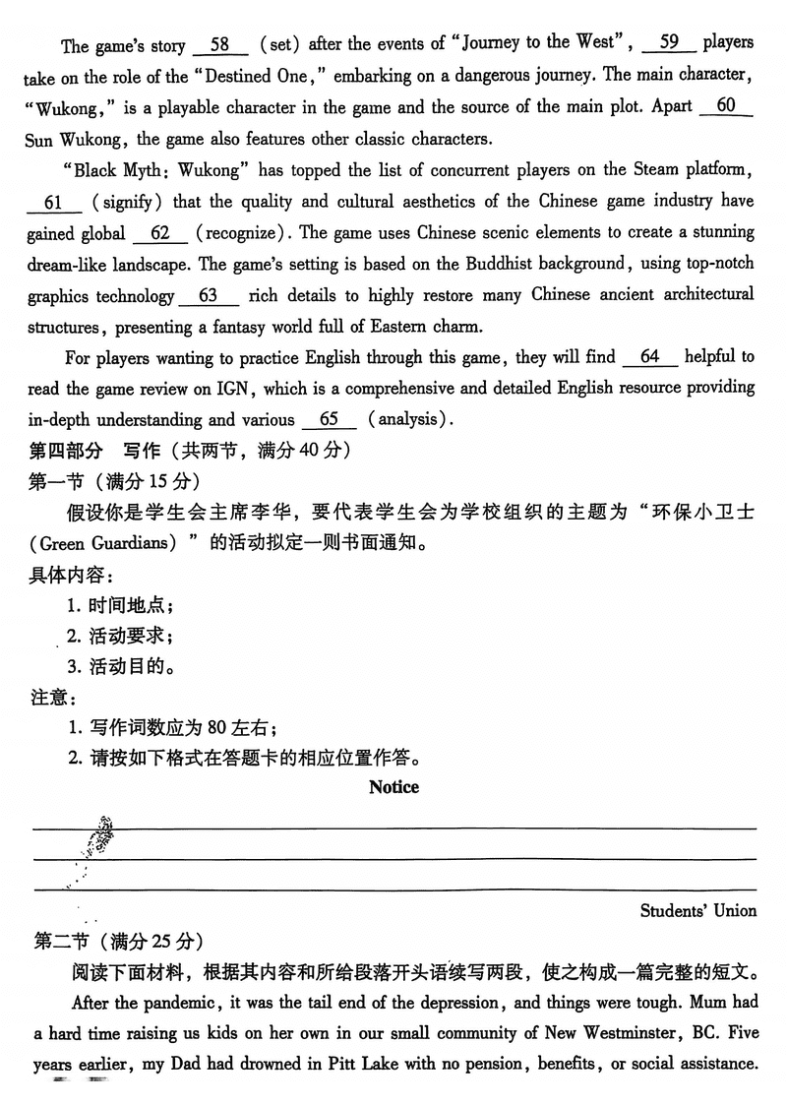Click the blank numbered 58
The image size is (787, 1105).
click(x=219, y=45)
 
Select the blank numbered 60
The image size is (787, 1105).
click(x=726, y=107)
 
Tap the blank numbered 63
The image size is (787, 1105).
click(x=208, y=296)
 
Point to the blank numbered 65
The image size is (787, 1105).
click(x=329, y=420)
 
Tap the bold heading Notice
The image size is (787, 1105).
click(x=393, y=787)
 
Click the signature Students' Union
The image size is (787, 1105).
click(x=697, y=910)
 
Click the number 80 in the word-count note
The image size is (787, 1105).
click(x=217, y=728)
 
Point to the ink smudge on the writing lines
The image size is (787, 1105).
click(x=100, y=837)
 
